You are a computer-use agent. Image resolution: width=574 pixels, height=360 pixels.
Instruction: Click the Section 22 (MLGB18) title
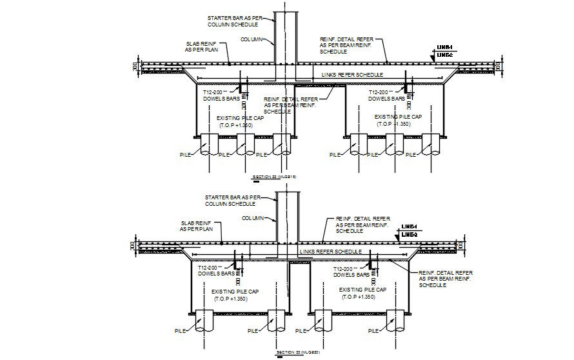[x=273, y=176]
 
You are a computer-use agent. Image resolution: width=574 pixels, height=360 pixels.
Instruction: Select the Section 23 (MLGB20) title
[x=297, y=352]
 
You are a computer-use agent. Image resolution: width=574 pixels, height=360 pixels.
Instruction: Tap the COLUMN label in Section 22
[x=252, y=39]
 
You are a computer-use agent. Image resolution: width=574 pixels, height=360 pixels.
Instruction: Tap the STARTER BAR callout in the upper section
[x=232, y=21]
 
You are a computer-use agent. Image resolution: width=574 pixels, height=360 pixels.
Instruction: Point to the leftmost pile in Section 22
[x=210, y=145]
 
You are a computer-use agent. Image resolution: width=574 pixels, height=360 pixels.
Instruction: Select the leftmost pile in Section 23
[x=206, y=321]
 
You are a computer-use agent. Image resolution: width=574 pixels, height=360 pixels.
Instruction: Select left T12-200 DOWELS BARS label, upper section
[x=219, y=96]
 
